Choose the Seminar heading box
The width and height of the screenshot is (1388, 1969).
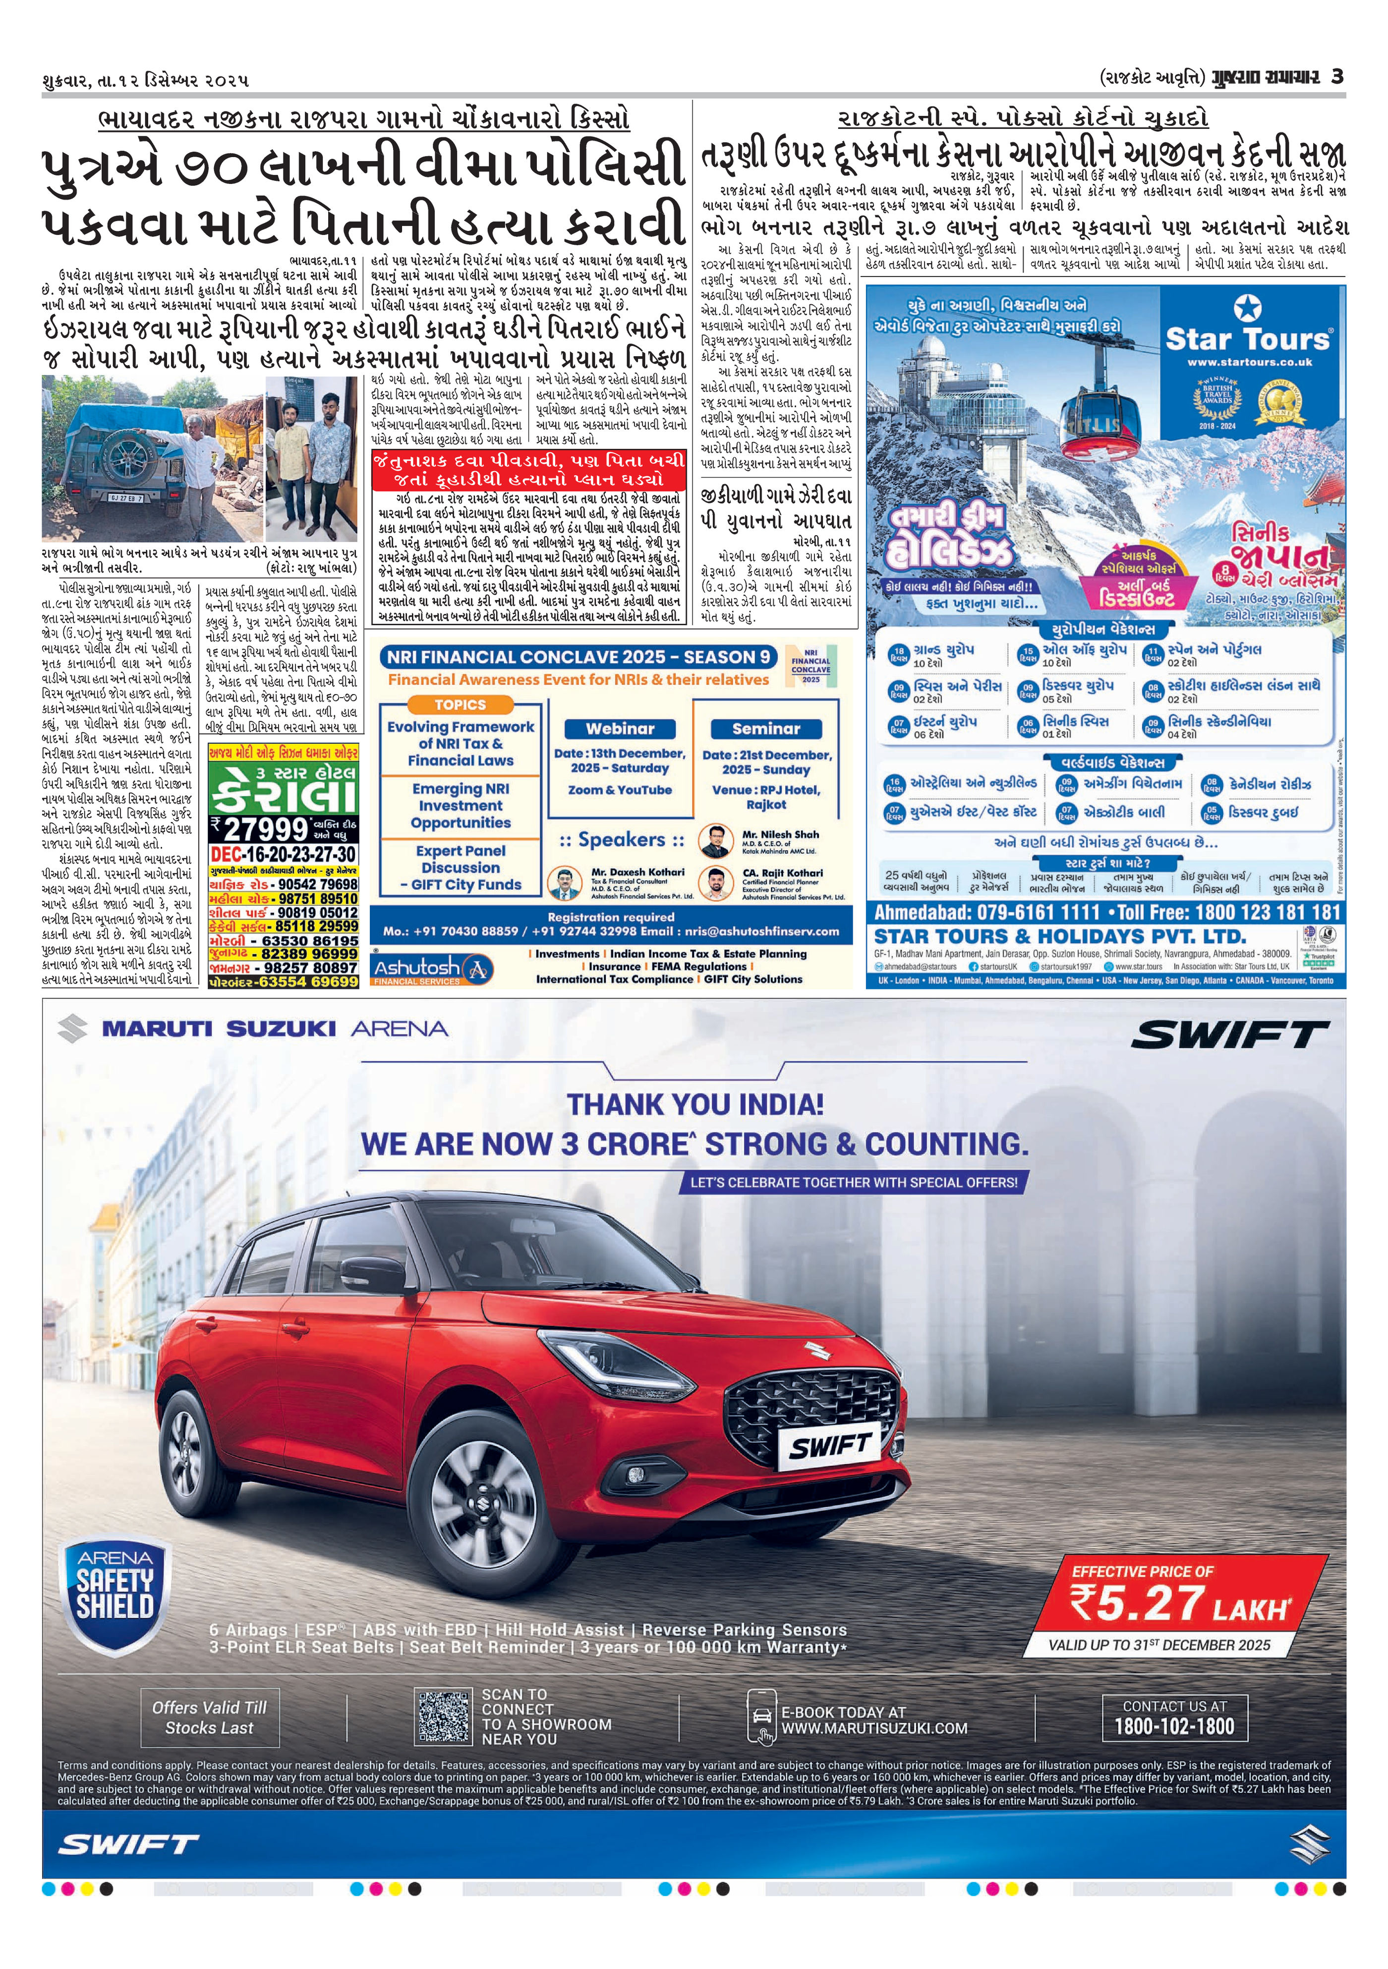click(765, 728)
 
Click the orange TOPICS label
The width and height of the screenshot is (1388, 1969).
click(460, 704)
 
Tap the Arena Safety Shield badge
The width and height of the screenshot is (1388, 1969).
click(115, 1591)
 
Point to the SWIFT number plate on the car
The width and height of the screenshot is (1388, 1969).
click(829, 1447)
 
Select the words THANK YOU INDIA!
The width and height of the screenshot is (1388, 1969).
click(695, 1104)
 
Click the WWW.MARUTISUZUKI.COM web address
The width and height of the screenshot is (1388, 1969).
click(873, 1728)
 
